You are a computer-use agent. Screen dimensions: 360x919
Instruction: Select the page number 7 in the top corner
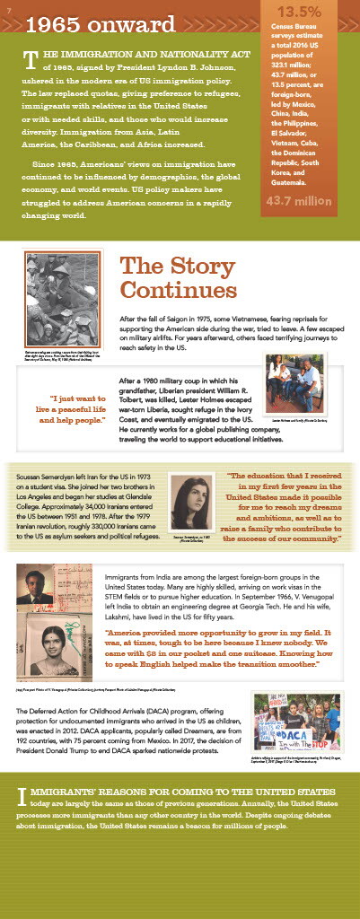tap(7, 8)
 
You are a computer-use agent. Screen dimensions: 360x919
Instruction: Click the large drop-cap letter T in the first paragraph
tap(31, 60)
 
